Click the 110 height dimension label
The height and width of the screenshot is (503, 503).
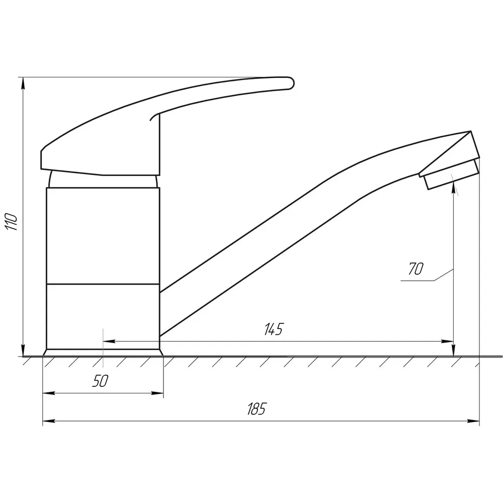click(11, 221)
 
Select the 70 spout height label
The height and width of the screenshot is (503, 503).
click(416, 269)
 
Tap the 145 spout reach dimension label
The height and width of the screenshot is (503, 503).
click(274, 329)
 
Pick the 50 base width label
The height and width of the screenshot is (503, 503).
click(101, 381)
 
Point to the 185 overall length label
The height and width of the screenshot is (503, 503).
click(257, 408)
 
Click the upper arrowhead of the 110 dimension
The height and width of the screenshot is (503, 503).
click(23, 84)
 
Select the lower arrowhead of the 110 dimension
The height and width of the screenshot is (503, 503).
click(23, 350)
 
